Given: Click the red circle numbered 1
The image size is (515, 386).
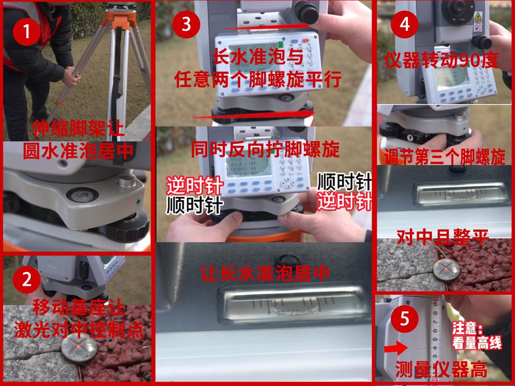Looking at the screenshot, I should coord(26,32).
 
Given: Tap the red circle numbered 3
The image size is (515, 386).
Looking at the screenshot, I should coord(186,25).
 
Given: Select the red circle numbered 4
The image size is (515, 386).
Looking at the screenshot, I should coord(404,25).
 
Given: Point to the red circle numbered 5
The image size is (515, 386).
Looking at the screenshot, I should coord(404,319).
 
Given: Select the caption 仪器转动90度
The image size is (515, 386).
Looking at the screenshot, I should coord(441,61).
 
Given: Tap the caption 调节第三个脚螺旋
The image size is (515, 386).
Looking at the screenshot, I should coord(445,156).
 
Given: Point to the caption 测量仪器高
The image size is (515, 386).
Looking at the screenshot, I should coord(441,371).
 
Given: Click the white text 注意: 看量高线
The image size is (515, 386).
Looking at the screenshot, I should coord(477,336).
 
